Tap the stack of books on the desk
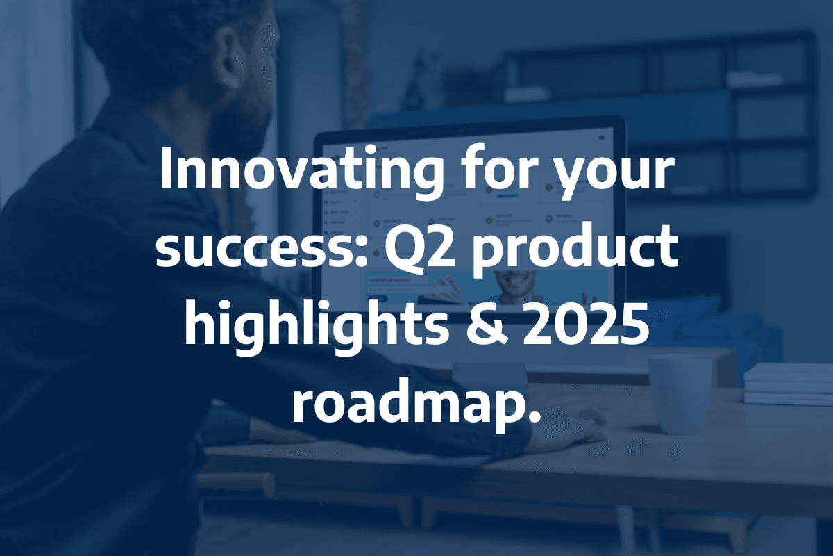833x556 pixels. (x=789, y=384)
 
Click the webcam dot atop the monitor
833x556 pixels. (x=462, y=130)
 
